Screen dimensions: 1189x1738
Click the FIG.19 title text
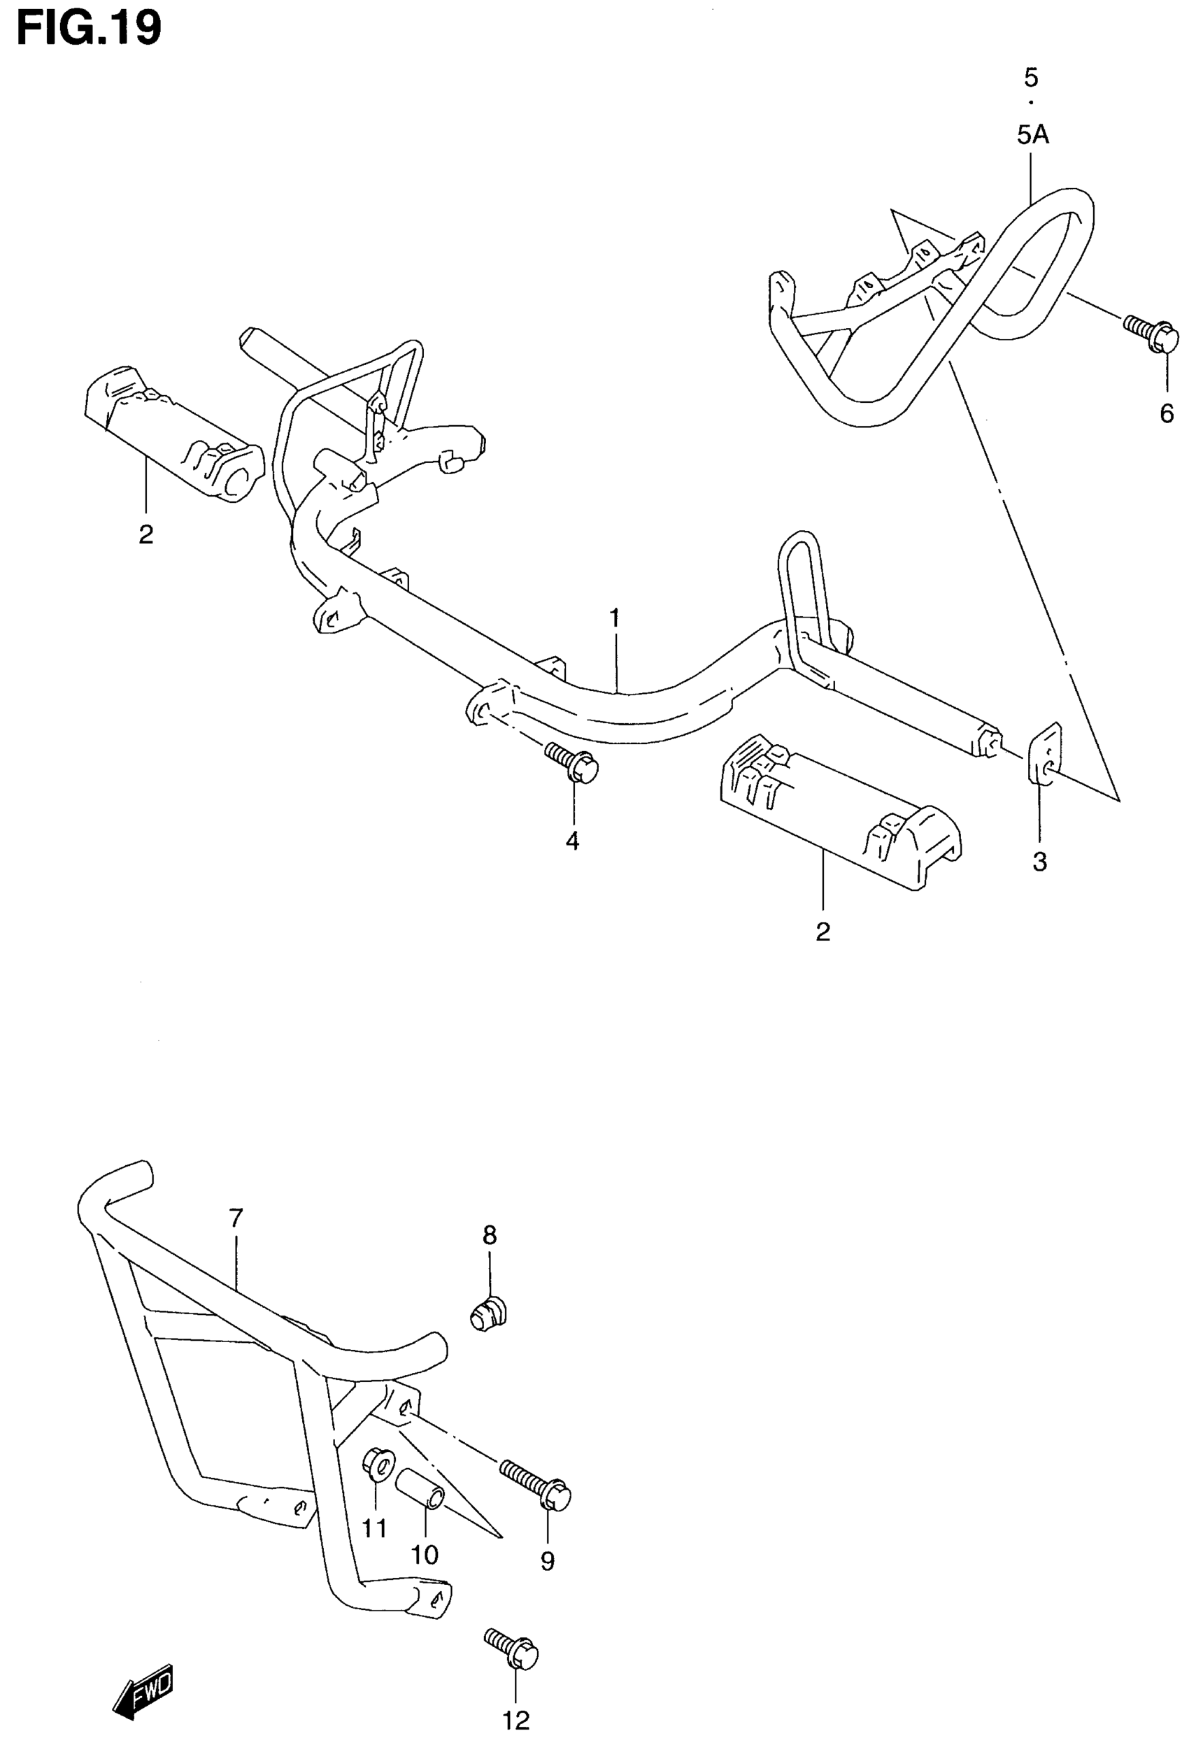(89, 29)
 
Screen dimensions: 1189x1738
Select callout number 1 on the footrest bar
(615, 619)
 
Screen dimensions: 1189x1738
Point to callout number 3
(1039, 862)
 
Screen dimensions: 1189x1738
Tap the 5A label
(1033, 136)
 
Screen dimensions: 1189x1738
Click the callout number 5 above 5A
(1032, 77)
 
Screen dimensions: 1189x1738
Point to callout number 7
(236, 1218)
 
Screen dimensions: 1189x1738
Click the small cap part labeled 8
(489, 1313)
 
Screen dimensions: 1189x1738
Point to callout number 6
(1167, 413)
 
